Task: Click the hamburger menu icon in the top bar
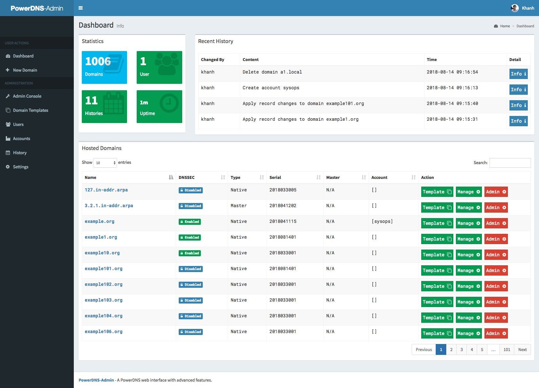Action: click(x=81, y=8)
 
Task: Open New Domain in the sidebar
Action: click(x=25, y=70)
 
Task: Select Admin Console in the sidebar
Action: click(x=27, y=96)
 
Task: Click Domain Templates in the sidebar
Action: click(x=30, y=110)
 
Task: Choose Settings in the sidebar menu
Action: click(x=21, y=167)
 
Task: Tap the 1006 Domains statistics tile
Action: click(x=104, y=67)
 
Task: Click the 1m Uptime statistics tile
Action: click(x=159, y=107)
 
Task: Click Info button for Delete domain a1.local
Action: click(x=518, y=74)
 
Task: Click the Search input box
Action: click(x=510, y=163)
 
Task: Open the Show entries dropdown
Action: click(x=105, y=163)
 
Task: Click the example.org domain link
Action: click(x=99, y=221)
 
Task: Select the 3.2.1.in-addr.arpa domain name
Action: click(x=109, y=206)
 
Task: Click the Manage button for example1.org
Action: click(x=468, y=239)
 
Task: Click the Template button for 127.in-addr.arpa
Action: click(x=437, y=192)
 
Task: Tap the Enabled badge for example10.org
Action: click(x=190, y=253)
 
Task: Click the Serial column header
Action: click(x=275, y=177)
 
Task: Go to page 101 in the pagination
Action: click(x=507, y=349)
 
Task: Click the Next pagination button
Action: click(x=522, y=349)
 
